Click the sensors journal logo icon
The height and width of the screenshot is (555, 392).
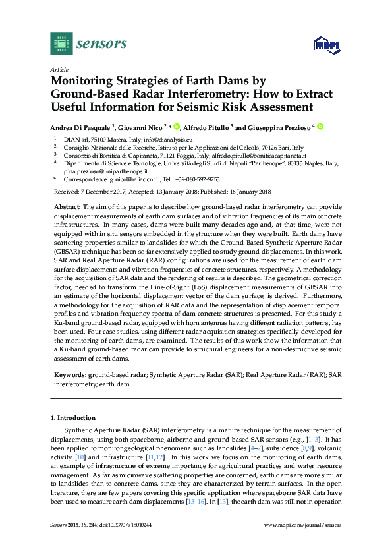60,44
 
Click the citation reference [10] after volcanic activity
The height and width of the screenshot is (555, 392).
81,455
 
